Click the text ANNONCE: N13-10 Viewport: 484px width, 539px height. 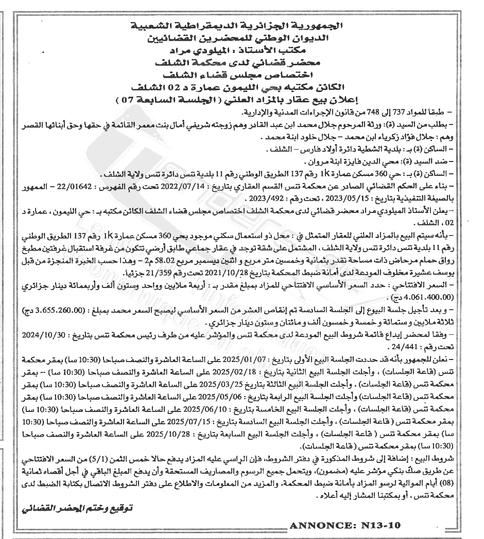pos(344,525)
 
